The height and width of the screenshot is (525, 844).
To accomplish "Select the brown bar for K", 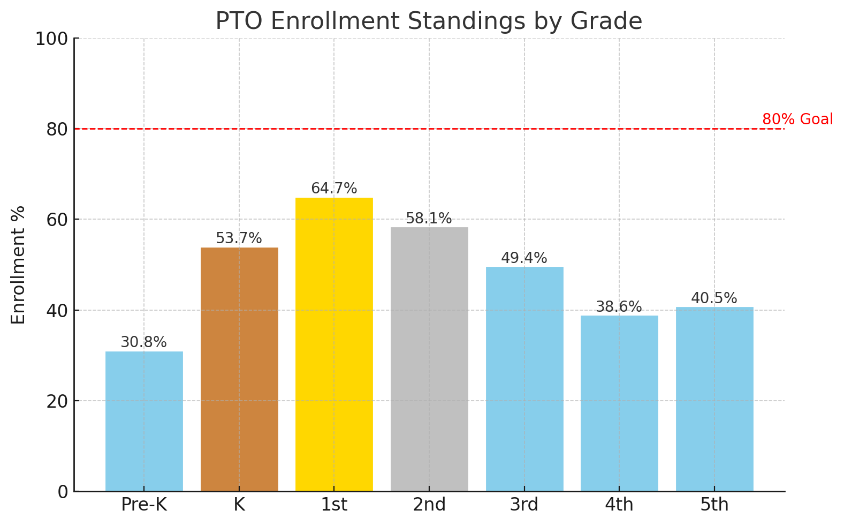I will (x=239, y=369).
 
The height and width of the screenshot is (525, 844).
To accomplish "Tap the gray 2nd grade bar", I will (x=429, y=359).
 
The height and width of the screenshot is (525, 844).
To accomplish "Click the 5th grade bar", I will (x=714, y=399).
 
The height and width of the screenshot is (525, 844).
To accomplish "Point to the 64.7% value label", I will (x=334, y=189).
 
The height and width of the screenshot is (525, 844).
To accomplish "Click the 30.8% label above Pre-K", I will (x=144, y=342).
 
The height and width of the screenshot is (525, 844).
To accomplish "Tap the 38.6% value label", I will (x=619, y=307).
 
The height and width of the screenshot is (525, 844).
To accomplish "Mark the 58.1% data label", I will (x=429, y=219).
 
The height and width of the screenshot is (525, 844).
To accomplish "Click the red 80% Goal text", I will (x=797, y=119).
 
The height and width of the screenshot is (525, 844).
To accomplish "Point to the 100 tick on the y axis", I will (x=51, y=39).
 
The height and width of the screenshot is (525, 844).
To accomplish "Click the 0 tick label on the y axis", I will (x=63, y=492).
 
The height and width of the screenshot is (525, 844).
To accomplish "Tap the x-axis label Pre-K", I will (x=144, y=505).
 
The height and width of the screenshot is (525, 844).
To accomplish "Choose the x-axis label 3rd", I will (x=524, y=505).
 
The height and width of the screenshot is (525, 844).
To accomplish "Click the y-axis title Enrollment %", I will (x=19, y=265).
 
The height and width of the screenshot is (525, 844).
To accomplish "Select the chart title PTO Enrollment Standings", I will (x=429, y=21).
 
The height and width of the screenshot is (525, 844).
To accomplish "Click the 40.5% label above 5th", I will (x=714, y=298).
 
